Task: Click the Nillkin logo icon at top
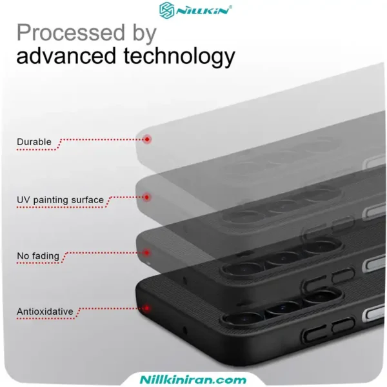167,10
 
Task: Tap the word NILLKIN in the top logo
203,12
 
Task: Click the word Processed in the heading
71,33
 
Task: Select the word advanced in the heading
66,56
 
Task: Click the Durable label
34,142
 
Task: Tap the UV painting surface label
60,200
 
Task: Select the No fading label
38,256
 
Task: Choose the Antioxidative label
45,312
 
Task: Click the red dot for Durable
147,139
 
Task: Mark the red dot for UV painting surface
147,197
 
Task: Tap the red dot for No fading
147,253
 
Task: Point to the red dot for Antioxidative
147,308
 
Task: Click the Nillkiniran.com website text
193,379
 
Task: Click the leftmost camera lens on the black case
243,320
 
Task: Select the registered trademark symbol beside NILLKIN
230,7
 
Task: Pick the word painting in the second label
51,200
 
